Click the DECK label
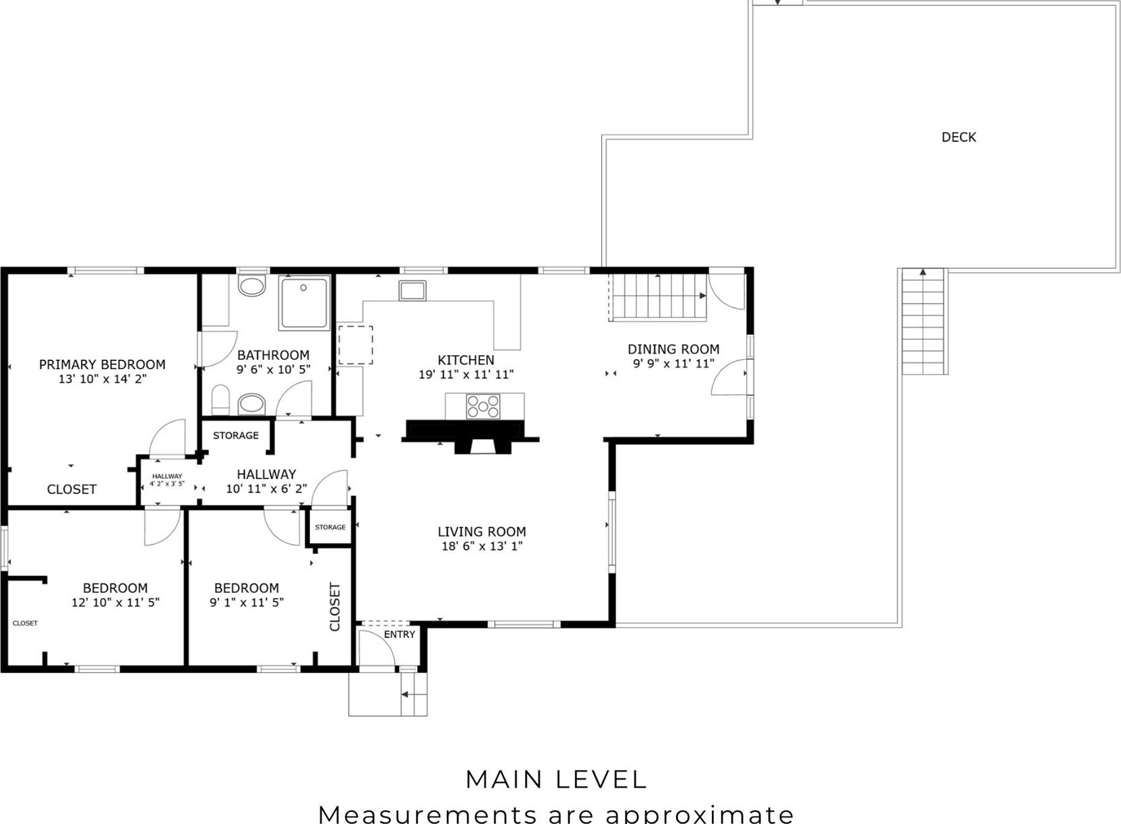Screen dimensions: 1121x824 pyautogui.click(x=959, y=137)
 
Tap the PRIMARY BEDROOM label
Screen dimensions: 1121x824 pyautogui.click(x=102, y=365)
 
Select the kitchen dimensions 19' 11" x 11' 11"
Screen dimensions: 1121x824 pyautogui.click(x=466, y=374)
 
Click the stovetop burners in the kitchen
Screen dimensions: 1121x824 pyautogui.click(x=483, y=406)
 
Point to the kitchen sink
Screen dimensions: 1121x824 pyautogui.click(x=413, y=290)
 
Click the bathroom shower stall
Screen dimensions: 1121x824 pyautogui.click(x=304, y=303)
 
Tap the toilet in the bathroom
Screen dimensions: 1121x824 pyautogui.click(x=220, y=400)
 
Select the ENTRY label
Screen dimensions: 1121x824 pyautogui.click(x=399, y=635)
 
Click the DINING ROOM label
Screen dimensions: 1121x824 pyautogui.click(x=673, y=349)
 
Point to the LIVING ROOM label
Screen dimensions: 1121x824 pyautogui.click(x=481, y=532)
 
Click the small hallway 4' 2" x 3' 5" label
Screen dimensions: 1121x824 pyautogui.click(x=167, y=480)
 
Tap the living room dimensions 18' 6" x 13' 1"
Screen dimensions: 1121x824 pyautogui.click(x=481, y=546)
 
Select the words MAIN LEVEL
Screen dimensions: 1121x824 pyautogui.click(x=557, y=780)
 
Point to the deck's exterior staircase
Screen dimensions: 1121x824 pyautogui.click(x=924, y=321)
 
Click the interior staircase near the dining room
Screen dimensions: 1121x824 pyautogui.click(x=658, y=296)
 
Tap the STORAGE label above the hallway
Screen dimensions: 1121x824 pyautogui.click(x=236, y=436)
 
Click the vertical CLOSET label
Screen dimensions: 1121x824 pyautogui.click(x=335, y=606)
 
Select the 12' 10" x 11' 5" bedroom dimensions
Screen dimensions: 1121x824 pyautogui.click(x=115, y=602)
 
